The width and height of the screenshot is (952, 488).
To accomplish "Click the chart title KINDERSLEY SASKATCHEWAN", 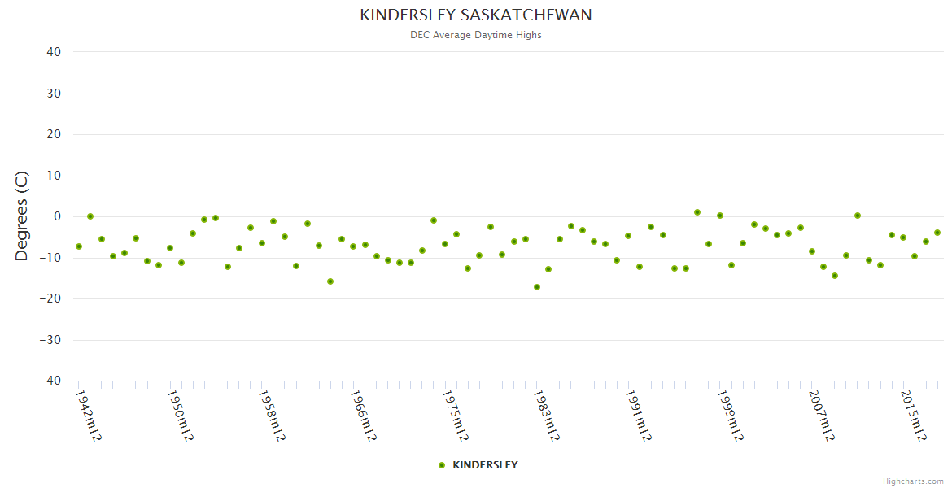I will click(476, 15).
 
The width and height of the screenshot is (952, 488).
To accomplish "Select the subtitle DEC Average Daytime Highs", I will click(476, 35).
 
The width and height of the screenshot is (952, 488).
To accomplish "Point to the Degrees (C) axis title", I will click(22, 216).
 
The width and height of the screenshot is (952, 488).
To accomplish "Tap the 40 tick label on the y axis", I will click(54, 52).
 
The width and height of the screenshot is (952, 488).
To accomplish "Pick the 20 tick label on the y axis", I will click(54, 134).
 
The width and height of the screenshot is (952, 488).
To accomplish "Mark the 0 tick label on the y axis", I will click(57, 216).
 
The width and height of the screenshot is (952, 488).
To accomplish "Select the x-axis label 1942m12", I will click(88, 416).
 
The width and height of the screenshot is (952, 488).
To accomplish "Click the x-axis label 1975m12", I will click(455, 416).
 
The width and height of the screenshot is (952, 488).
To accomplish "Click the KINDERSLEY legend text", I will click(485, 465).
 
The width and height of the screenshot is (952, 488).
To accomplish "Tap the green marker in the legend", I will click(442, 465).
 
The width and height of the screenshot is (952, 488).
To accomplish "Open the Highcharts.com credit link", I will click(913, 481).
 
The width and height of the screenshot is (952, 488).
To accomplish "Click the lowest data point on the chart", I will click(537, 287).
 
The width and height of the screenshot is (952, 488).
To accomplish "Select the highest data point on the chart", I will click(697, 212).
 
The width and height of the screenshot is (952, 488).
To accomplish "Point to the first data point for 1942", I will click(79, 246).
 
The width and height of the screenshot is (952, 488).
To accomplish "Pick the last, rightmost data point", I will click(937, 233).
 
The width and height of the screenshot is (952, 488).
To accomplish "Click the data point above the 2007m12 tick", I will click(812, 251).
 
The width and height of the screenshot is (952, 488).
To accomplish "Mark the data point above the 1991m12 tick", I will click(628, 236).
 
